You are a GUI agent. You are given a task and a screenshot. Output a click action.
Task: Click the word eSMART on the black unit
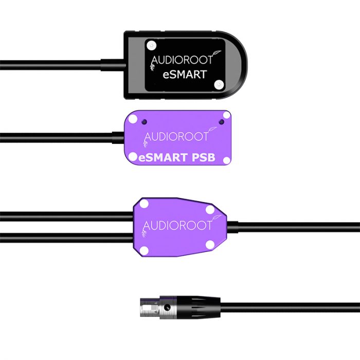coord(186,75)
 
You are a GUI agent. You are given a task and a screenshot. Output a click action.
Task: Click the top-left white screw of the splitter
coord(145,204)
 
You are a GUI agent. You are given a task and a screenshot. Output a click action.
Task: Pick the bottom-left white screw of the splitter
coord(145,250)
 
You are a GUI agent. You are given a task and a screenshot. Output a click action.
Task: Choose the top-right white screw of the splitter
coord(210,209)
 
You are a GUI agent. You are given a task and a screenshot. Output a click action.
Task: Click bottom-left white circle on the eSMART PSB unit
coord(133,156)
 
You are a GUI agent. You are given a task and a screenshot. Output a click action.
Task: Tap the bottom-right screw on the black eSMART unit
coord(220,82)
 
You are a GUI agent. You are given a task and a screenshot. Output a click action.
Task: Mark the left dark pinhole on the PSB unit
coord(146,122)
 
